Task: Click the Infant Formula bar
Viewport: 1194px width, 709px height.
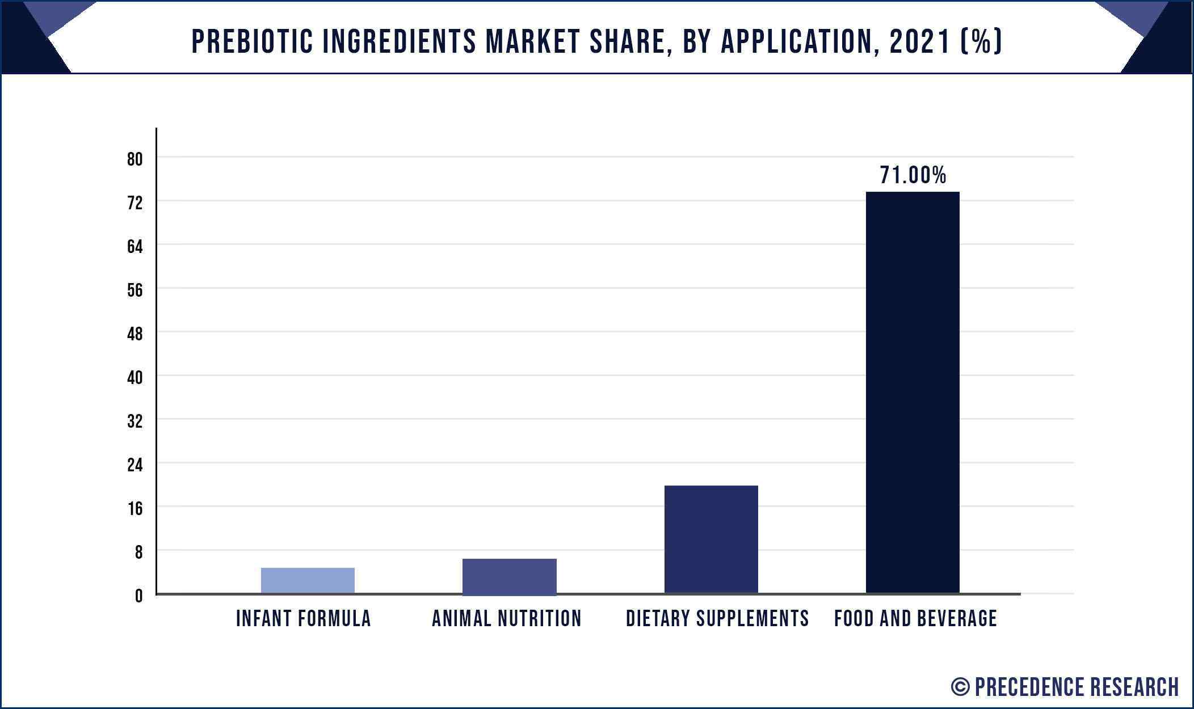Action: pos(308,580)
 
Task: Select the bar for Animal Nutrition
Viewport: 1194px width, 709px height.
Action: pos(510,577)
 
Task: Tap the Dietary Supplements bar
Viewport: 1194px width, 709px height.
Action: pos(711,539)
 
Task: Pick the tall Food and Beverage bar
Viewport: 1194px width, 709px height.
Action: pos(913,393)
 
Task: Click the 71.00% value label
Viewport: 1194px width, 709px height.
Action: pos(913,175)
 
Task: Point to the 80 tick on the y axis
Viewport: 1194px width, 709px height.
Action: pos(135,159)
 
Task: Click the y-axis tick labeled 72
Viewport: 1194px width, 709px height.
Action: pos(135,203)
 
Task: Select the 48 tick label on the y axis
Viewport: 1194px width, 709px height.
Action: pos(135,334)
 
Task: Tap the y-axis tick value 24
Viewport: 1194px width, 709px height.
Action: pos(135,465)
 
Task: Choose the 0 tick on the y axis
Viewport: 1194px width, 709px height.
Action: pos(139,596)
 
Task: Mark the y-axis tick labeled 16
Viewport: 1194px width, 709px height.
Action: pos(135,509)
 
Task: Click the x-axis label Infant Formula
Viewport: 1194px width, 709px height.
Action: pos(304,618)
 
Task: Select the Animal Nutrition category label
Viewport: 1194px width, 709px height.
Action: pos(507,618)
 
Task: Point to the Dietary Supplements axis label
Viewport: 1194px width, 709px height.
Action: pos(717,618)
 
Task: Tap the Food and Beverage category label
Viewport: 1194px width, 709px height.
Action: pos(915,618)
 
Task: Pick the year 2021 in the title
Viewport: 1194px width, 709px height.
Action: pos(920,41)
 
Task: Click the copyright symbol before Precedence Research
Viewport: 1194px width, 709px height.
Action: pos(960,687)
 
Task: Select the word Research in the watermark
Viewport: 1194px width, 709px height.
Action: pos(1134,687)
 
